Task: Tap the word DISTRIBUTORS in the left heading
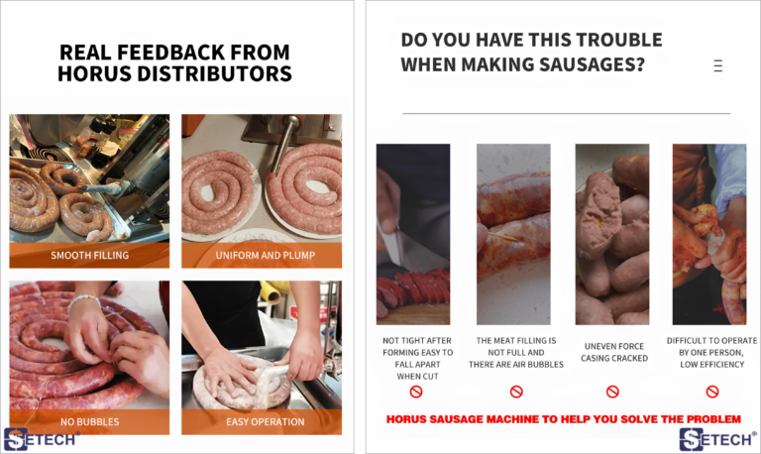click(214, 73)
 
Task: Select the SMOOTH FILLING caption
click(90, 256)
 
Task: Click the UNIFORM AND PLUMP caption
click(265, 256)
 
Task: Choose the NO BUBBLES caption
click(90, 422)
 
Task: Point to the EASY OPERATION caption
click(265, 422)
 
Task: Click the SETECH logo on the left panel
click(41, 439)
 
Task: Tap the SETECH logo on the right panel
click(717, 439)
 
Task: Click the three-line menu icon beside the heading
click(718, 65)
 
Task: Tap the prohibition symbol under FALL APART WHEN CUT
click(416, 392)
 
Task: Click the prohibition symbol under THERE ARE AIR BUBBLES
click(516, 392)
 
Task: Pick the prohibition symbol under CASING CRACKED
click(612, 392)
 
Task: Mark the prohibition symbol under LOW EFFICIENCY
click(712, 392)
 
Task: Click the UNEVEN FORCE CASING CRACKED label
click(614, 352)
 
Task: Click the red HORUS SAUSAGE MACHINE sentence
click(564, 419)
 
